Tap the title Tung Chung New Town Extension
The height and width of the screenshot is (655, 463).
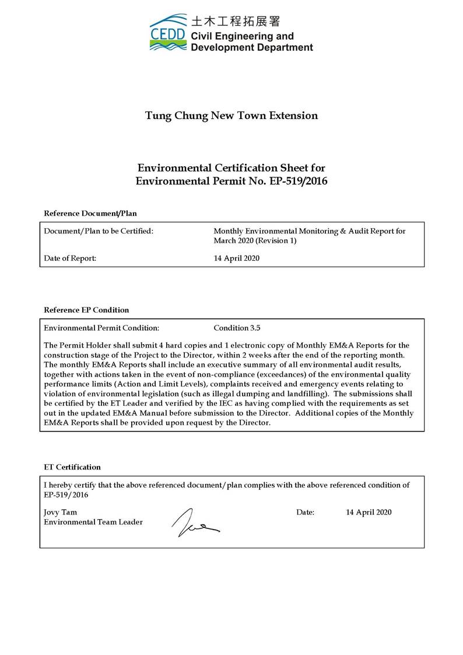click(232, 115)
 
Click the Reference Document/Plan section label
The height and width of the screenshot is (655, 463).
click(90, 213)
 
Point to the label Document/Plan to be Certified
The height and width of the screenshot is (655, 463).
click(99, 232)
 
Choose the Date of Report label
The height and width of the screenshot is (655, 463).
click(71, 258)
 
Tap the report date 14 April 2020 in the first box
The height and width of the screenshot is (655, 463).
click(237, 258)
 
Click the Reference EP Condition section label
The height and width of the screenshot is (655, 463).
click(86, 310)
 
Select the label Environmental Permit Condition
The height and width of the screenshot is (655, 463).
click(101, 328)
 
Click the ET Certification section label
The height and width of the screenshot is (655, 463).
click(72, 467)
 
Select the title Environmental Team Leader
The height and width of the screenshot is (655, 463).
click(93, 522)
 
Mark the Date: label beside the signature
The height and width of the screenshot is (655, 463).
click(305, 513)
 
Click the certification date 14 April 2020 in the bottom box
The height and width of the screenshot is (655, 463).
click(369, 513)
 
